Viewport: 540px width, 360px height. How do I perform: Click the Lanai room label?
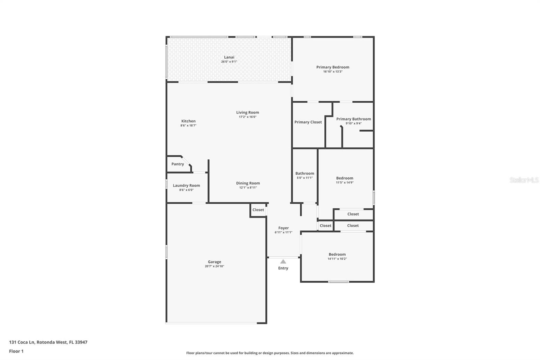(229, 57)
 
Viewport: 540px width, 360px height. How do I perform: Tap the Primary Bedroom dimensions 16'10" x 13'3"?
(333, 72)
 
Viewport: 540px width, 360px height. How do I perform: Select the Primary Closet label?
(308, 122)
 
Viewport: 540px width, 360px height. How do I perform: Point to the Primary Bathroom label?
(353, 119)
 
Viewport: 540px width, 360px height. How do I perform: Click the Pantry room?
(178, 164)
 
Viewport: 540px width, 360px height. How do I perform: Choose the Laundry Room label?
(186, 185)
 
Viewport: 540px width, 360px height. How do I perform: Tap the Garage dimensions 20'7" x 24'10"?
(214, 266)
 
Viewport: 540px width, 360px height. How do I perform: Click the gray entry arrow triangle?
(283, 261)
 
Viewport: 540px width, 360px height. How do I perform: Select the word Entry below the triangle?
(283, 268)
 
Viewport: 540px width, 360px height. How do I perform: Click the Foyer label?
(283, 228)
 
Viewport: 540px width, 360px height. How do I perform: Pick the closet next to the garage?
(258, 210)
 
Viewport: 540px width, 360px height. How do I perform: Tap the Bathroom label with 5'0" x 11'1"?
(304, 174)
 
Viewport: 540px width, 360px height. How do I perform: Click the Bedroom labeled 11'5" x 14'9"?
(345, 178)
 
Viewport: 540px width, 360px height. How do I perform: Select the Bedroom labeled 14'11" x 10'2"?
(337, 255)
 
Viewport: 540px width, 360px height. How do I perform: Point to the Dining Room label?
(248, 183)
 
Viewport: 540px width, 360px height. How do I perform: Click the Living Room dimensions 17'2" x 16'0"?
(248, 117)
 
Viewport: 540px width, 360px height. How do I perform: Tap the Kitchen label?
(188, 121)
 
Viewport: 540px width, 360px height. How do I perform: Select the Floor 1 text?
(16, 351)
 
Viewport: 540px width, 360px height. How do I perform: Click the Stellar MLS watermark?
(524, 180)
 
